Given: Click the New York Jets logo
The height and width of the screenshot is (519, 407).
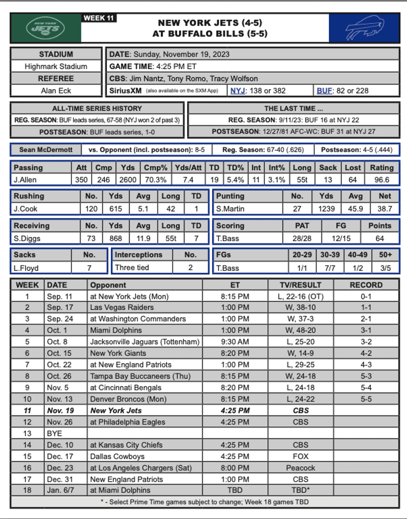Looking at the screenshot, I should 45,28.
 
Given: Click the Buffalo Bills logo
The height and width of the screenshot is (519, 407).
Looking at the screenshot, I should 364,28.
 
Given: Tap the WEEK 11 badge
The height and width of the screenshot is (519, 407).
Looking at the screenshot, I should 98,18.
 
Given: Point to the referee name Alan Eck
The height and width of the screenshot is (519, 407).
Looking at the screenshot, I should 56,91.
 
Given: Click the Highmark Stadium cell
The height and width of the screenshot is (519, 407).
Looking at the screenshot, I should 56,66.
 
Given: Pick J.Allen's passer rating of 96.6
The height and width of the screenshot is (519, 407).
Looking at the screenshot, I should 381,180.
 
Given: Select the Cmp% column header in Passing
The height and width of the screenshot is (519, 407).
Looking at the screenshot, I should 155,168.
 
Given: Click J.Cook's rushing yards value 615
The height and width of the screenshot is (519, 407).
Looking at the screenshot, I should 115,209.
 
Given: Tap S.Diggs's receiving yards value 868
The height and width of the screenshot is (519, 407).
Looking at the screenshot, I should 115,238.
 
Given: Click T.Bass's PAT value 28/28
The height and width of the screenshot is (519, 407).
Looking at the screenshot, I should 302,238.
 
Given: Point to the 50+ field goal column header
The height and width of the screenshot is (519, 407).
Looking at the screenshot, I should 385,255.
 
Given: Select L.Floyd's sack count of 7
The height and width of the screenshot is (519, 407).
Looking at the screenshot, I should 89,268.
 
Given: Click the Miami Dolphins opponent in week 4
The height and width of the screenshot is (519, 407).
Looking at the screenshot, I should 116,330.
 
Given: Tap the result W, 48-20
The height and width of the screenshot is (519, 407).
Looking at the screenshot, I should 301,330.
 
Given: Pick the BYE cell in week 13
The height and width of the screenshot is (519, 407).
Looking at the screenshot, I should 54,433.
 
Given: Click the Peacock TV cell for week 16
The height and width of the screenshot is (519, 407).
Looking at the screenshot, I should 301,468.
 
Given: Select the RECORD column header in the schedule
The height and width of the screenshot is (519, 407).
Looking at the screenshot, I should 366,285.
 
